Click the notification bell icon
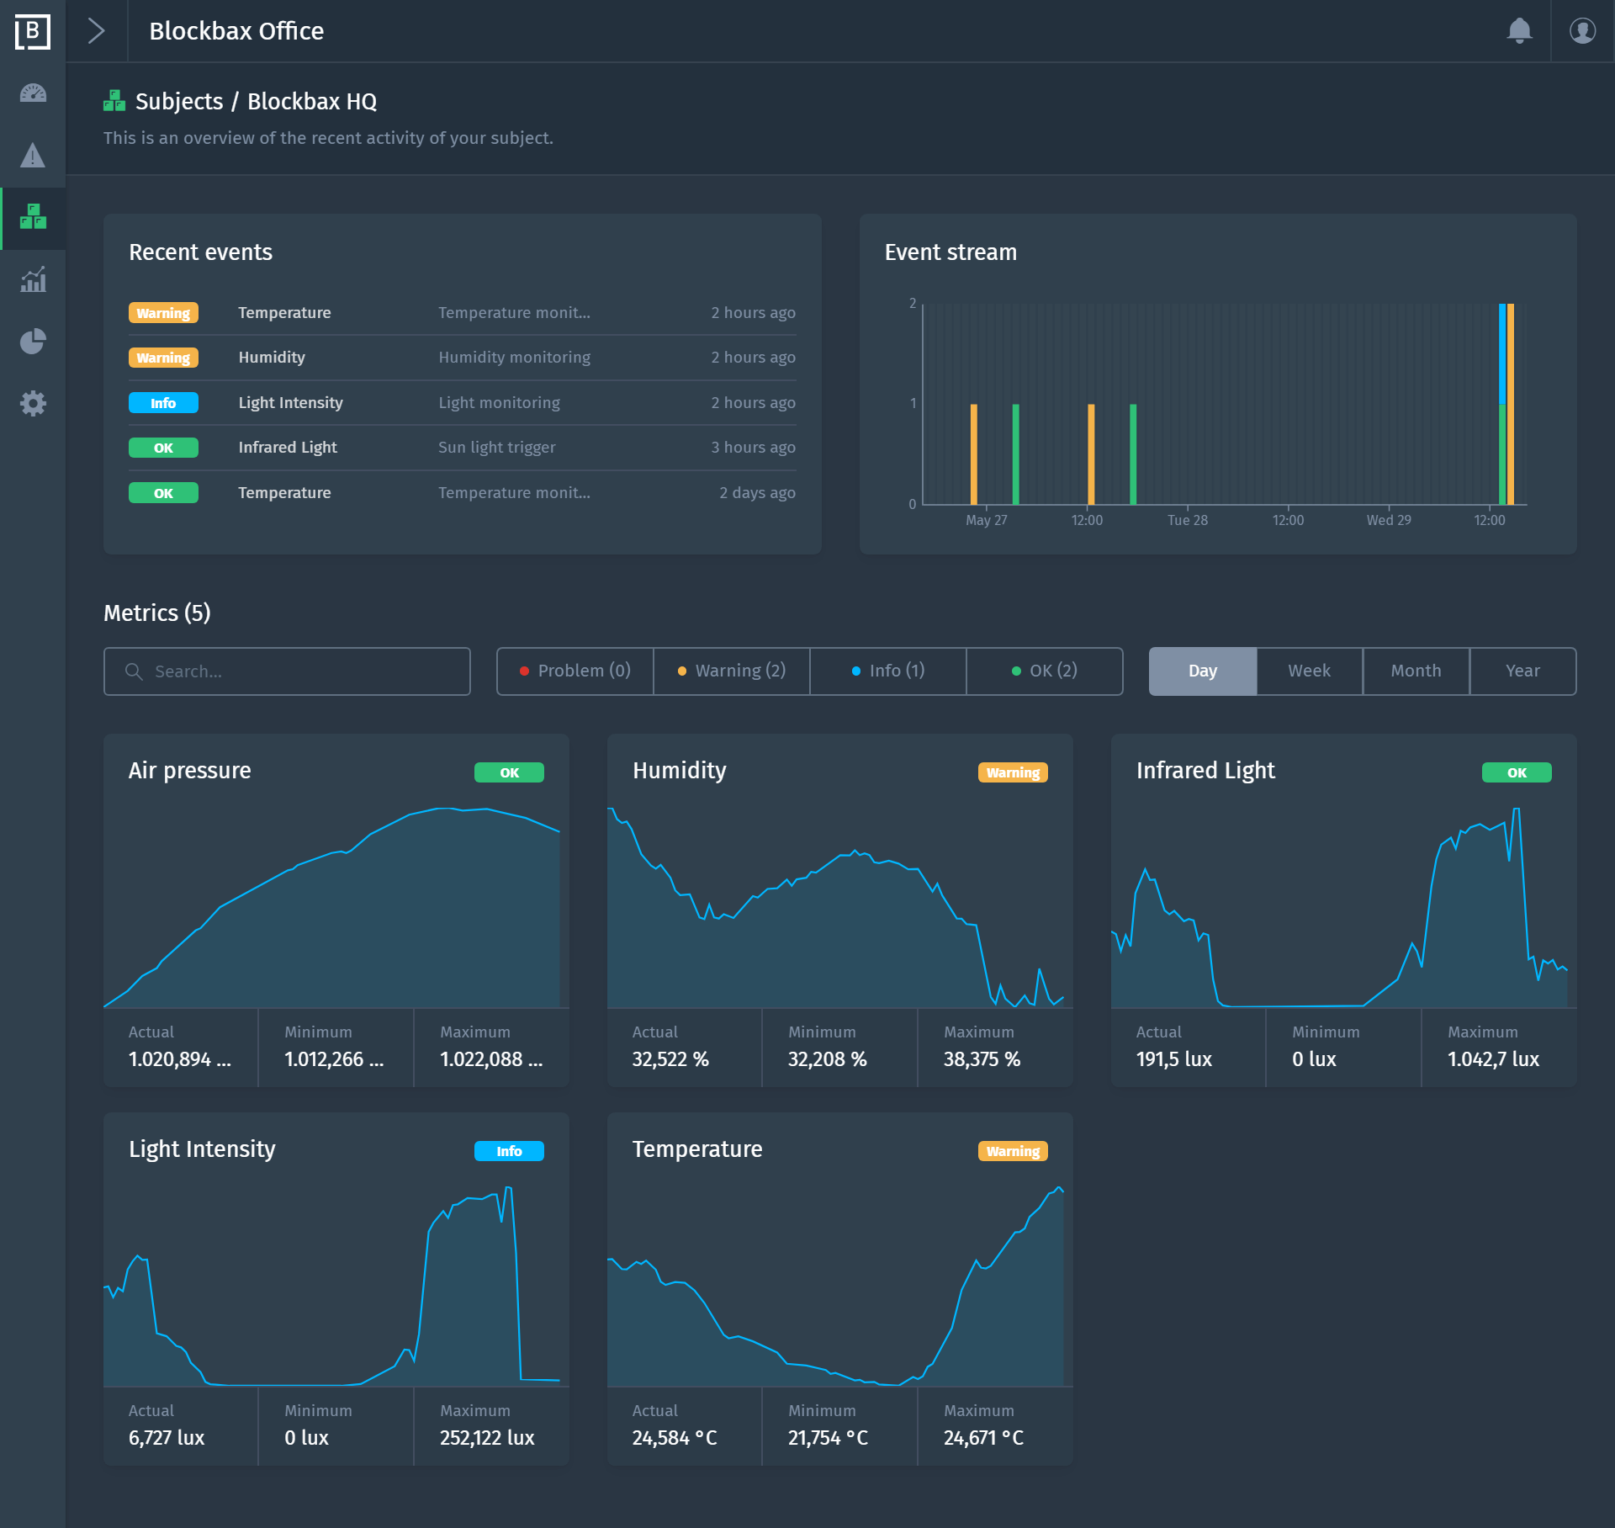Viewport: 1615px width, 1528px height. coord(1519,31)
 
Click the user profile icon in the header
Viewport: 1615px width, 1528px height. coord(1582,31)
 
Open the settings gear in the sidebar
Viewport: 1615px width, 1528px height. coord(33,403)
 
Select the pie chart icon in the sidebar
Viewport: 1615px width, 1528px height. coord(33,341)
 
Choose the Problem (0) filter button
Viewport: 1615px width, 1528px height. coord(575,671)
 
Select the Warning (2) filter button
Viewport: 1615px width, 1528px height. coord(731,671)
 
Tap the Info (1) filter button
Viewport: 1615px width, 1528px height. coord(887,671)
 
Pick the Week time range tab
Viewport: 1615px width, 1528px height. coord(1309,671)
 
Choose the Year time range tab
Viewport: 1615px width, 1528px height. coord(1522,671)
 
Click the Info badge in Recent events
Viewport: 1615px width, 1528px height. coord(163,403)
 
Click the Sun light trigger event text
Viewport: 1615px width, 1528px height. coord(496,448)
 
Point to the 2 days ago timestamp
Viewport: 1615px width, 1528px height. coord(757,493)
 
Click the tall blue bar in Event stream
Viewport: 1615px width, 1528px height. coord(1502,353)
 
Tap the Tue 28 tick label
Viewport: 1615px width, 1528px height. coord(1187,520)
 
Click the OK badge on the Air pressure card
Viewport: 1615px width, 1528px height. coord(509,772)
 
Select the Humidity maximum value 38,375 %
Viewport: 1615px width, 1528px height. coord(982,1059)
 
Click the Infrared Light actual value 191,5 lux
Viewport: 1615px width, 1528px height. coord(1173,1059)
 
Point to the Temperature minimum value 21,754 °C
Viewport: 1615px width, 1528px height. coord(828,1438)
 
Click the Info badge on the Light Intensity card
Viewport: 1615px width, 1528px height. coord(509,1151)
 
